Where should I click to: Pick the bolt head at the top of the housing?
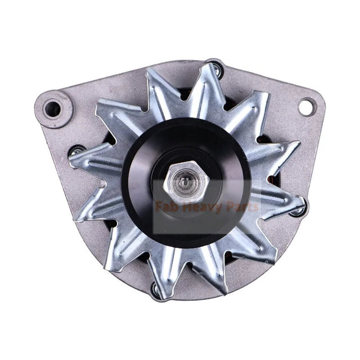[214, 68]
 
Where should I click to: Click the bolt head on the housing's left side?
[74, 150]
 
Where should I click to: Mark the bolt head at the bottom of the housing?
[155, 290]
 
